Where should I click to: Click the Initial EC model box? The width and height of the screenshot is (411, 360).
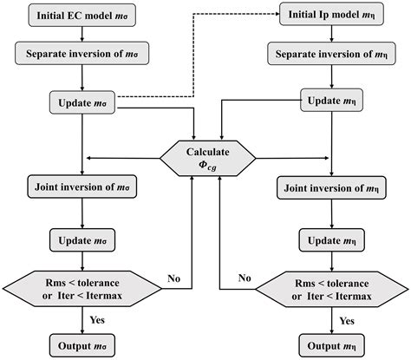pos(80,16)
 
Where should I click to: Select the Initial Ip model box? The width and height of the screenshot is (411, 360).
pos(329,16)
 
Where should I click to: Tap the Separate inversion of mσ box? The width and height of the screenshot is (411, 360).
pos(80,54)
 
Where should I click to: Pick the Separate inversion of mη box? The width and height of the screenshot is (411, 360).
pos(329,54)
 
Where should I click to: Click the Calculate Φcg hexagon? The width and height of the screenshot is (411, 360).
pos(206,155)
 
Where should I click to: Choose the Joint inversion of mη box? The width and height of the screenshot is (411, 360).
pos(330,187)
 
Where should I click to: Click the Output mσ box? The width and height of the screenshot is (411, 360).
pos(80,344)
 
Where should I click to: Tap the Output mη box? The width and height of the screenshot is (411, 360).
pos(330,344)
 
